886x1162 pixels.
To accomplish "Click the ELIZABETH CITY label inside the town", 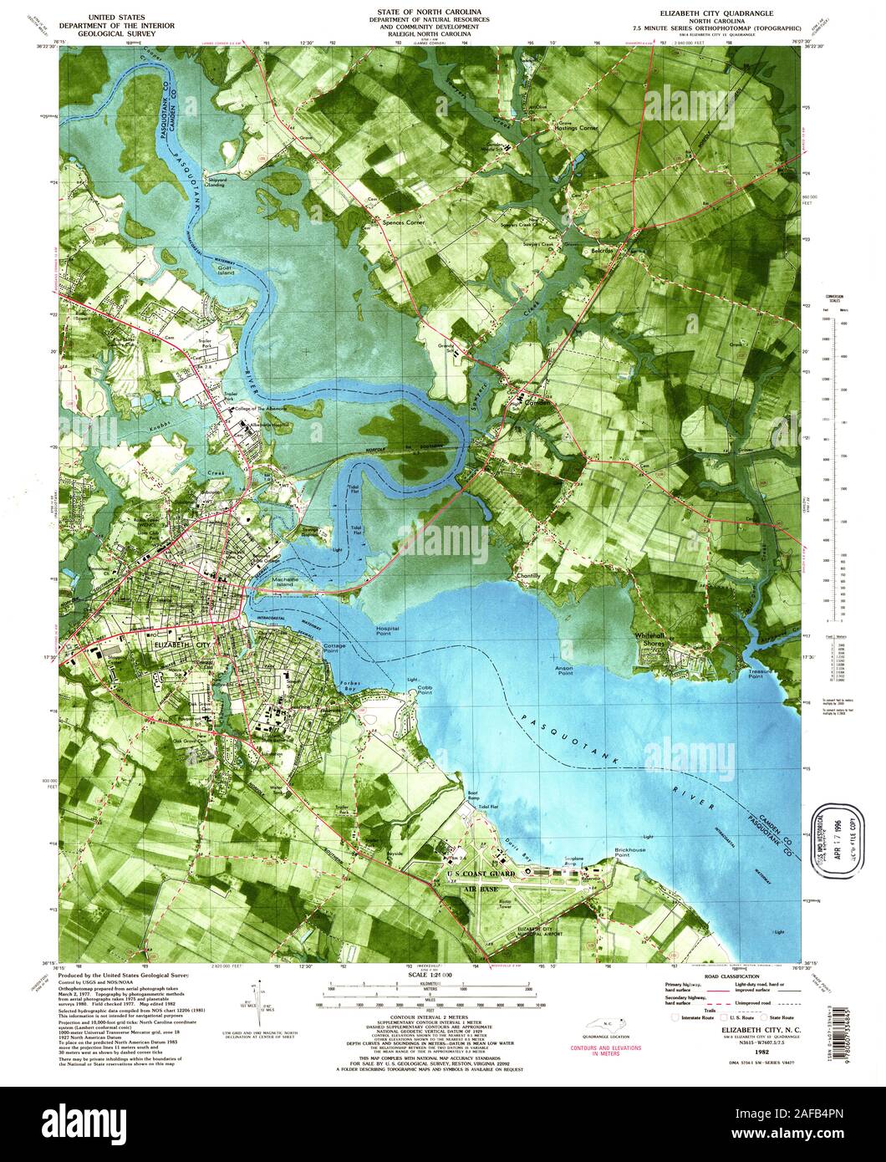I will (182, 645).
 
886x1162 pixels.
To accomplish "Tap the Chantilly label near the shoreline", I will (529, 577).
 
